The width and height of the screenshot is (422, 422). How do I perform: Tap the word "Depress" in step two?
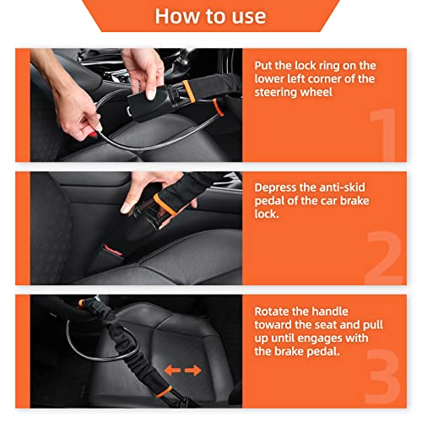(279, 187)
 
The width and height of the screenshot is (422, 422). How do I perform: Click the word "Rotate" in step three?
(275, 311)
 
